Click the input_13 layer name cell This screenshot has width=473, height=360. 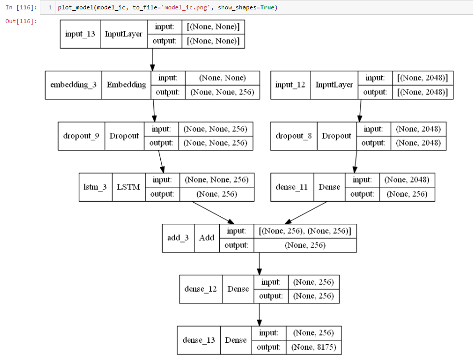(x=80, y=34)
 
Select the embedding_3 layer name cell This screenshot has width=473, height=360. (x=73, y=85)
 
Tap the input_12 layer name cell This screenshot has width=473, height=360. (x=290, y=85)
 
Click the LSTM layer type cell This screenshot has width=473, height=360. (x=128, y=187)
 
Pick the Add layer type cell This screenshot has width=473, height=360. (x=207, y=238)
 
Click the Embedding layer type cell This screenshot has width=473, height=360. (x=126, y=85)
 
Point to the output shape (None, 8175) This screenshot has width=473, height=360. (x=313, y=347)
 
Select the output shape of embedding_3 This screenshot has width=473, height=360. (x=222, y=92)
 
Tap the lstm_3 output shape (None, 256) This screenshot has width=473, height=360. (x=216, y=194)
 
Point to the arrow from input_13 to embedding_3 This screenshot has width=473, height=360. (x=152, y=60)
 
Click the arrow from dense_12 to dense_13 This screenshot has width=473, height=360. (x=259, y=314)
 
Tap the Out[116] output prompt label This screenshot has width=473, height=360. (x=21, y=21)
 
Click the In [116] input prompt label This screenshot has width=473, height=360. (x=21, y=7)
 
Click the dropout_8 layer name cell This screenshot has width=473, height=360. (x=294, y=136)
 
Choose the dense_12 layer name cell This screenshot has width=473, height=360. (x=201, y=289)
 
